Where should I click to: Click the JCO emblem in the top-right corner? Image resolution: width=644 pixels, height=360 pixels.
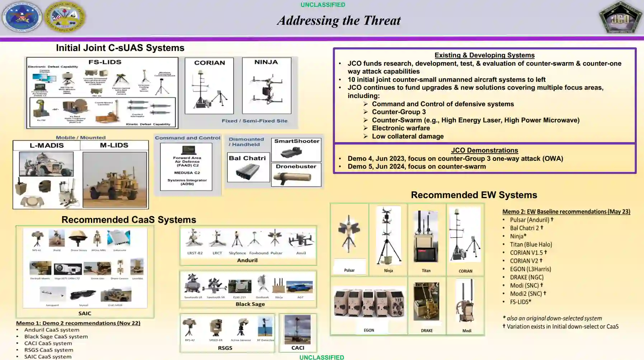pos(620,18)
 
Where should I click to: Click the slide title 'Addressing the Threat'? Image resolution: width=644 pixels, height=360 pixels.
pos(339,20)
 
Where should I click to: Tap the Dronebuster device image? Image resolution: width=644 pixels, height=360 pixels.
pos(296,177)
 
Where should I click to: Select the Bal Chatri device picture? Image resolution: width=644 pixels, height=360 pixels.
pos(248,172)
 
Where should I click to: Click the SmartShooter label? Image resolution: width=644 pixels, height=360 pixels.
pos(296,141)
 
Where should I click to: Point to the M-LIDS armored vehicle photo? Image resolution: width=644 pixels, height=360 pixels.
pos(114,179)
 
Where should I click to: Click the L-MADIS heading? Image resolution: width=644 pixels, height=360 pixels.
pos(47,145)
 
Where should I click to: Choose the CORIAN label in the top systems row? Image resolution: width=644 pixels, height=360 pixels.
pos(210,63)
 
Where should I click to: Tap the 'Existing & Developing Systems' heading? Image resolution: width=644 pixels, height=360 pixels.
pos(484,55)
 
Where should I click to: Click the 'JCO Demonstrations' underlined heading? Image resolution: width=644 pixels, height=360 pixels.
pos(484,150)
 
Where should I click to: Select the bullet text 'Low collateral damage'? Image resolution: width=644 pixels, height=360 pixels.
pos(408,136)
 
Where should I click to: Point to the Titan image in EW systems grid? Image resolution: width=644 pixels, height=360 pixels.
pos(426,237)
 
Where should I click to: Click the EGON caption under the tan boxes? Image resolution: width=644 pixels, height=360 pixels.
pos(369,330)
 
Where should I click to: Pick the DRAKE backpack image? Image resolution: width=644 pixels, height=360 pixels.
pos(426,301)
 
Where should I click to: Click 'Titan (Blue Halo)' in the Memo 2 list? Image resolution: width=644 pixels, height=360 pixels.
pos(531,244)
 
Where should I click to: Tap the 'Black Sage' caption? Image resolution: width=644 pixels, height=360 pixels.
pos(250,304)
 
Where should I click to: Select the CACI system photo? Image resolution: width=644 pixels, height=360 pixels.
pos(297,329)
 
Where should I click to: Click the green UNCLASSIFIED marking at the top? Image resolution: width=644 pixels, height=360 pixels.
pos(323,5)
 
